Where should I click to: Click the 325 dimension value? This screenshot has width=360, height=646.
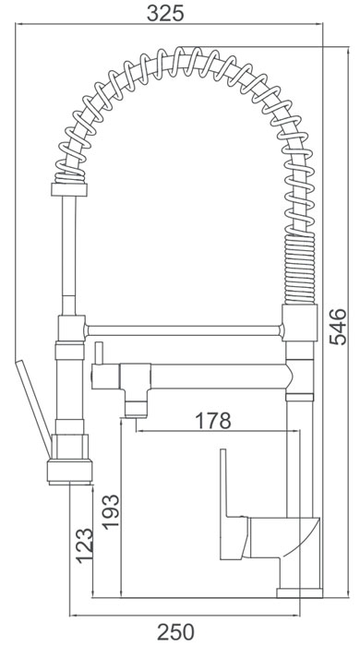coord(165,13)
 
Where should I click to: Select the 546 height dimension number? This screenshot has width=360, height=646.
coord(340,327)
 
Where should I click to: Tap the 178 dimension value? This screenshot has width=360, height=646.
coord(213,421)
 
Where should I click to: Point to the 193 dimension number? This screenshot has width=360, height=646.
coord(111,511)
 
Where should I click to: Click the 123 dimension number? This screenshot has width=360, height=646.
coord(84,545)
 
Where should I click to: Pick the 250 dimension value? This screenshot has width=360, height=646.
coord(175,632)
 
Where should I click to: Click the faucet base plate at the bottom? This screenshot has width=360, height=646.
coord(299,592)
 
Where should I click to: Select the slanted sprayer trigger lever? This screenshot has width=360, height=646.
coord(33,408)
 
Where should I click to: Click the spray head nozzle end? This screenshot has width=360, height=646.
coord(69,472)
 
